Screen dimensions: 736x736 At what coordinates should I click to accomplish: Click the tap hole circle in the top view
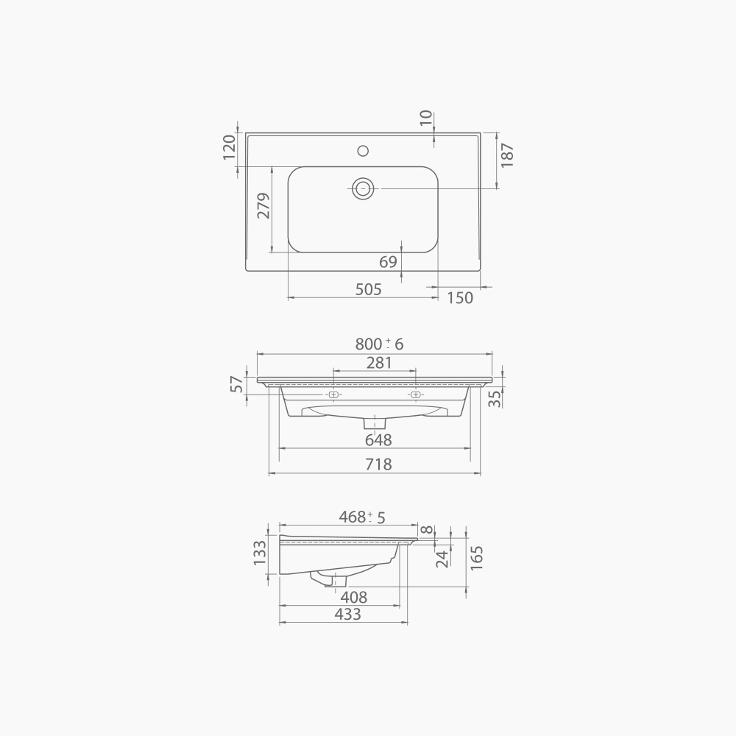click(362, 151)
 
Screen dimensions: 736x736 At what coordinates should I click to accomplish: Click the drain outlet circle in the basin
click(362, 188)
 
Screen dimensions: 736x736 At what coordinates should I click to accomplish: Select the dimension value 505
click(368, 289)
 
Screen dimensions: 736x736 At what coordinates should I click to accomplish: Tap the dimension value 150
click(460, 297)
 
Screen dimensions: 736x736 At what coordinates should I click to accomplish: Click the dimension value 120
click(229, 147)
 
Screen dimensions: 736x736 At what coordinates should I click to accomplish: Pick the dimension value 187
click(507, 155)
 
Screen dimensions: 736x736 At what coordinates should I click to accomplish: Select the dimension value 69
click(389, 262)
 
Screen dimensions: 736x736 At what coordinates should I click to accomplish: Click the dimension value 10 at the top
click(426, 118)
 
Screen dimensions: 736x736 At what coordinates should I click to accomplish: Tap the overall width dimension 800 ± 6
click(379, 344)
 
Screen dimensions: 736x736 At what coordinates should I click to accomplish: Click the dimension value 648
click(378, 440)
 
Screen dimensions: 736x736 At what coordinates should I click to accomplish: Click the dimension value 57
click(237, 383)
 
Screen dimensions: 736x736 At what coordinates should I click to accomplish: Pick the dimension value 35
click(495, 398)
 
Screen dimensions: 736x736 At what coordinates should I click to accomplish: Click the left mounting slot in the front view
click(333, 395)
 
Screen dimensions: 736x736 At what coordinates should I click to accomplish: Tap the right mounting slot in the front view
click(415, 395)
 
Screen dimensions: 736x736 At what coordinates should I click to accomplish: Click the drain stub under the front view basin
click(375, 423)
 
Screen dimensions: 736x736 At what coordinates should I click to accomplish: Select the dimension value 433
click(347, 614)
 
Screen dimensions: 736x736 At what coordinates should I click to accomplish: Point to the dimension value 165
click(476, 556)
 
